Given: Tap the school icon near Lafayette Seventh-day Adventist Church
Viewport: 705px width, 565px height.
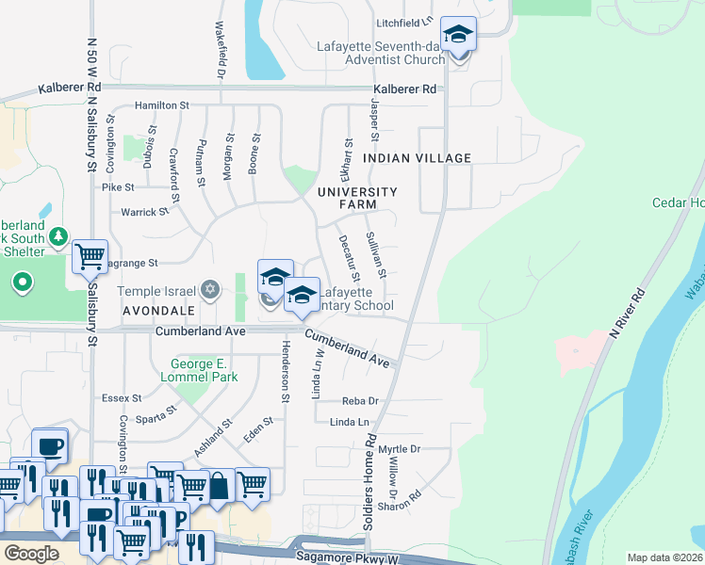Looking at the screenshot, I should tap(458, 35).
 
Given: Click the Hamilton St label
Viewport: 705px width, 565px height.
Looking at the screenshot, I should tap(162, 105).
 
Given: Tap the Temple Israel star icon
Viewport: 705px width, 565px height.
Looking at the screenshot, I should tap(210, 289).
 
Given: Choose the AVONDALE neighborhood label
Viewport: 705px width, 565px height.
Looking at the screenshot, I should tap(157, 309).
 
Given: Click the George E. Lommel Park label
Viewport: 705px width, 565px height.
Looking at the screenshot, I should tap(205, 370).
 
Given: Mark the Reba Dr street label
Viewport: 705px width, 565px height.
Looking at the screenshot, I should tap(360, 401).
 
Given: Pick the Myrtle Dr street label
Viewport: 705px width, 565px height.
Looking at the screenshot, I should tap(399, 449).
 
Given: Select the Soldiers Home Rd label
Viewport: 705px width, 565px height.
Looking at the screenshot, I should tap(371, 480).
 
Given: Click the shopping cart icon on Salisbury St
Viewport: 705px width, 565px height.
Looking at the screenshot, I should tap(89, 254).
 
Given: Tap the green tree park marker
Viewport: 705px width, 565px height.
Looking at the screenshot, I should tap(58, 235).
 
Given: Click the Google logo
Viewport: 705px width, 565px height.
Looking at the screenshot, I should tap(30, 554).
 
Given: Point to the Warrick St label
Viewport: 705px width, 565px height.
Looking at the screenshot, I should tap(144, 212).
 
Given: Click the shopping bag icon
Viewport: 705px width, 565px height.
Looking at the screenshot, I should tap(219, 487).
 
